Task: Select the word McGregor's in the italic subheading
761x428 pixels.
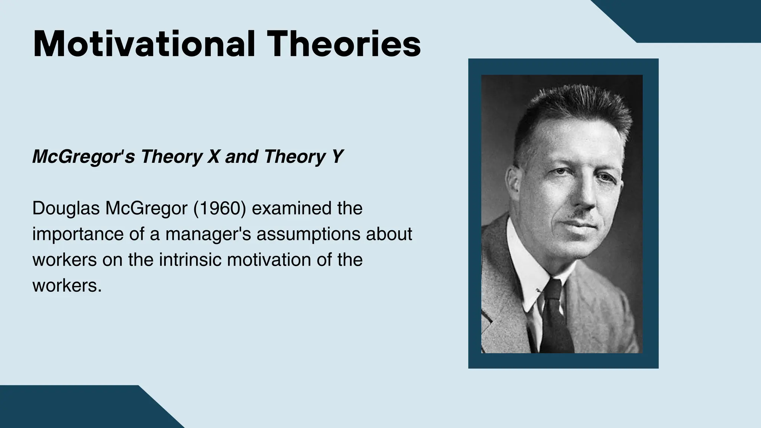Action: pyautogui.click(x=83, y=156)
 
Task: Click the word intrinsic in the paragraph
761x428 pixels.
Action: pyautogui.click(x=190, y=259)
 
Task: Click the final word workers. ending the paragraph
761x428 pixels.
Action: pyautogui.click(x=67, y=285)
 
